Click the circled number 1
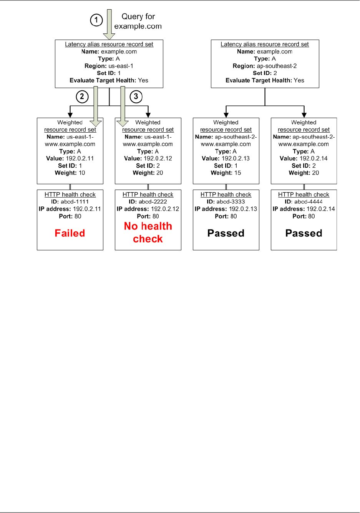click(x=96, y=20)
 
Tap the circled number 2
click(x=82, y=97)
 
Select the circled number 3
click(x=136, y=97)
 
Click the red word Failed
click(x=70, y=233)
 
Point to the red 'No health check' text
click(x=148, y=232)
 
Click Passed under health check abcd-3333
click(x=226, y=233)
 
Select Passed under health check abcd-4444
click(x=304, y=233)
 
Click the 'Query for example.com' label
click(x=138, y=22)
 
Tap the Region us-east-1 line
click(x=109, y=66)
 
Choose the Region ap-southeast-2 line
click(x=265, y=66)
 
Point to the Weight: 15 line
click(x=226, y=173)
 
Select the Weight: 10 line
click(x=70, y=173)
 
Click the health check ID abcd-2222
click(x=148, y=202)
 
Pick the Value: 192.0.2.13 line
click(x=226, y=158)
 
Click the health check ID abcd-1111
click(x=70, y=202)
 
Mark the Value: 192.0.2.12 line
click(x=148, y=158)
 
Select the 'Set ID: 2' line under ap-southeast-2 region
click(x=265, y=73)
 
